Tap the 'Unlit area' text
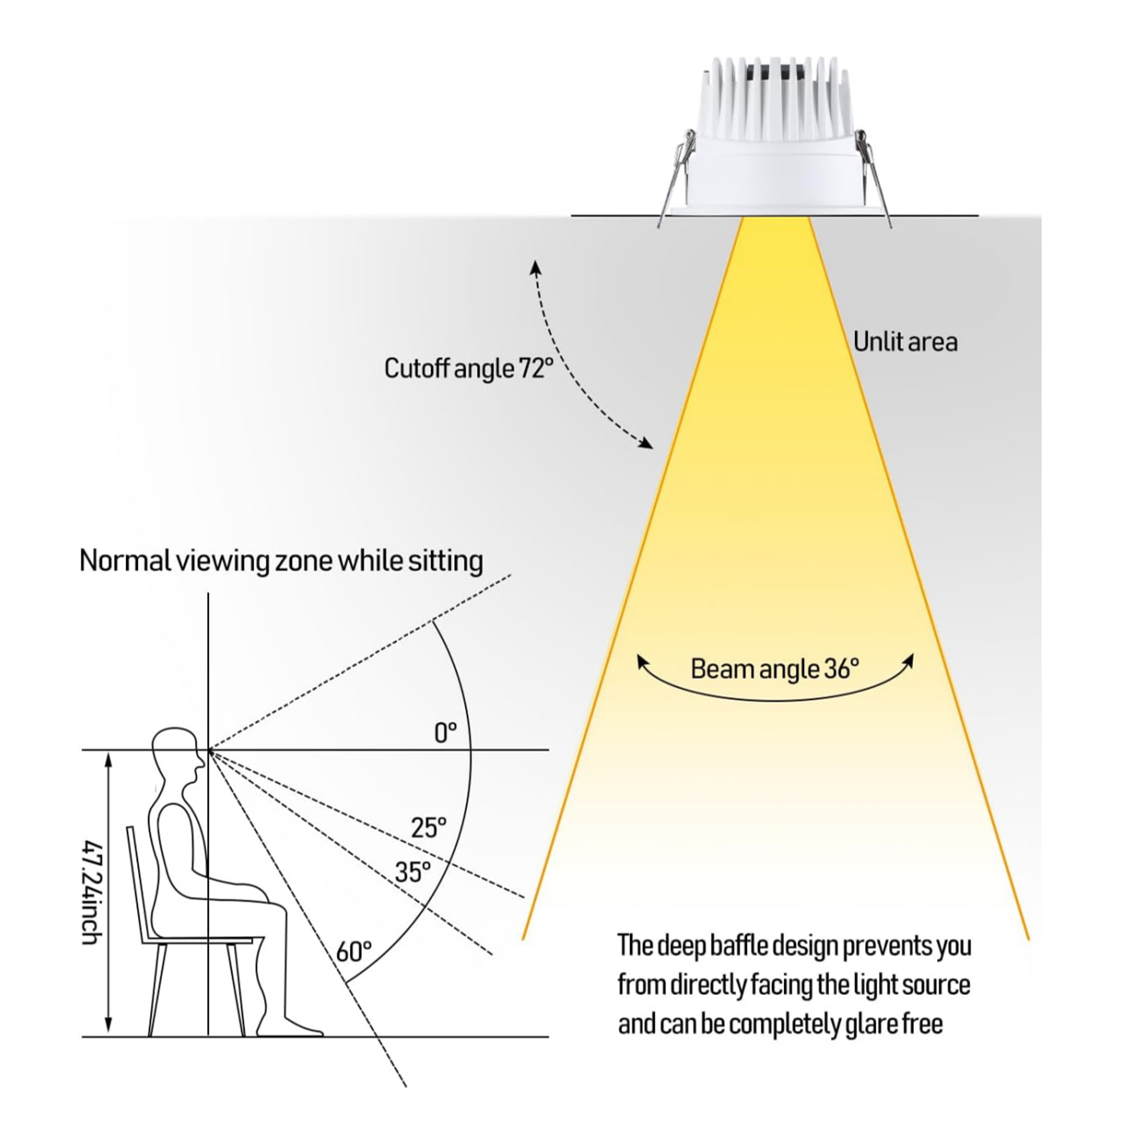pyautogui.click(x=905, y=342)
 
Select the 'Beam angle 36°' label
pyautogui.click(x=774, y=669)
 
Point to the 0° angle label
pyautogui.click(x=446, y=732)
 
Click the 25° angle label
pyautogui.click(x=429, y=827)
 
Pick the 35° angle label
pyautogui.click(x=413, y=872)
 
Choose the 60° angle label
pyautogui.click(x=354, y=952)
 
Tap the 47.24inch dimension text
pyautogui.click(x=92, y=891)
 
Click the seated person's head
pyautogui.click(x=177, y=753)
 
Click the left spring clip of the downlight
pyautogui.click(x=674, y=177)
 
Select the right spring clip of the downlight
pyautogui.click(x=874, y=177)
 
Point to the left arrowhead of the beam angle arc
pyautogui.click(x=642, y=662)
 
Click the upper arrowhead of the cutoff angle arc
pyautogui.click(x=536, y=266)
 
